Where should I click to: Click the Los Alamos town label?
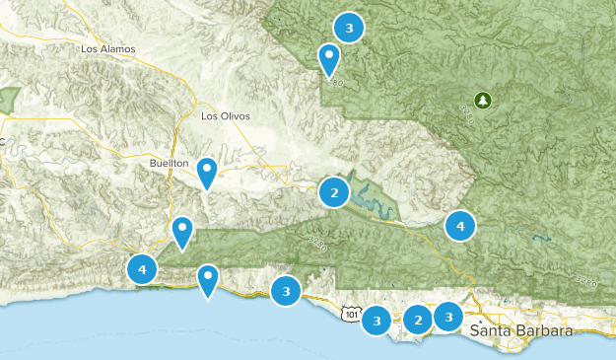[108, 48]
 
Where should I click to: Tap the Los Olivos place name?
[226, 115]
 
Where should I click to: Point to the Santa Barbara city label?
[520, 330]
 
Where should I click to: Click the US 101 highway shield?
[351, 314]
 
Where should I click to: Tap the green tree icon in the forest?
[482, 100]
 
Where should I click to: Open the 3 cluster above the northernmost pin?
[349, 27]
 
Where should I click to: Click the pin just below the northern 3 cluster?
[329, 59]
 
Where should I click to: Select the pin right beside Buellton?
[207, 173]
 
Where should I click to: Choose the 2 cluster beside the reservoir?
[335, 192]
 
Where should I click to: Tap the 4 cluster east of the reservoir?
[459, 226]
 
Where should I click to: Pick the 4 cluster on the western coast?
[143, 267]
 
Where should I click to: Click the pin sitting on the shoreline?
[208, 280]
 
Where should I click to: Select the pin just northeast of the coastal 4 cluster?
[182, 233]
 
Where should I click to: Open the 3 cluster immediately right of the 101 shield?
[376, 320]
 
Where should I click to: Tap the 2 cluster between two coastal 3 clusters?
[418, 319]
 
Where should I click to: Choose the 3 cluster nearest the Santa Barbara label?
[448, 317]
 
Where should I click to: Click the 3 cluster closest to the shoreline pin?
[286, 290]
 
